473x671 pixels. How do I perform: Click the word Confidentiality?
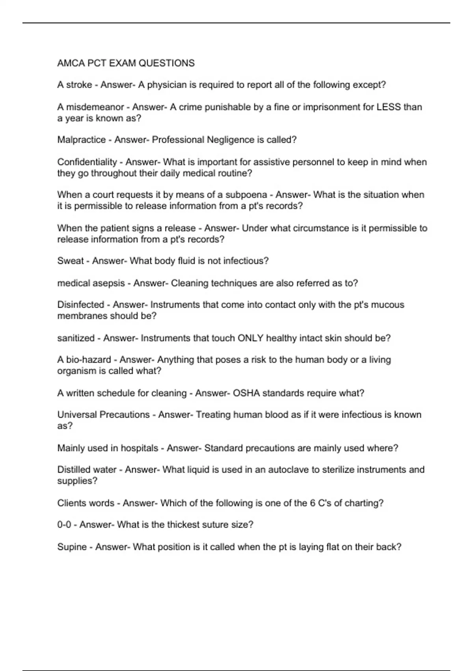point(87,162)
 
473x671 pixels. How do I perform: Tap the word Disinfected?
point(80,305)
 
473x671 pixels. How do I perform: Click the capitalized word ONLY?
point(250,338)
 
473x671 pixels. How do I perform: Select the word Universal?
point(77,415)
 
